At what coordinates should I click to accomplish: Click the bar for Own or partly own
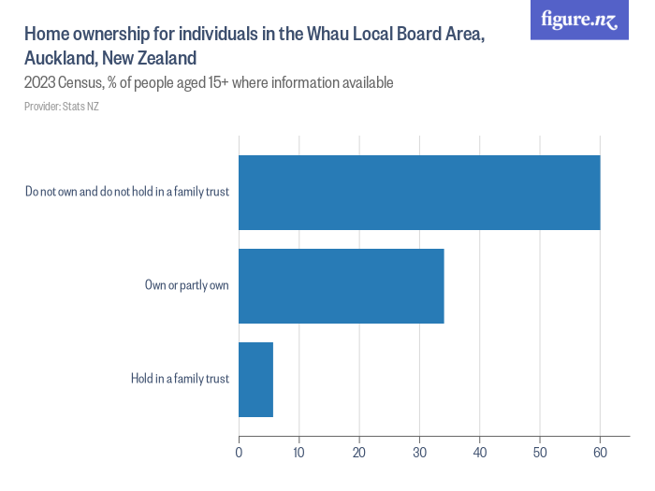341,285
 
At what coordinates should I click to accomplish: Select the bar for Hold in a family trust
255,379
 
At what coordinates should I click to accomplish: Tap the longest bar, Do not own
419,192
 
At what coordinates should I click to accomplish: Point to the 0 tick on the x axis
239,453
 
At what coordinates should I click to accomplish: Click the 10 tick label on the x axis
298,453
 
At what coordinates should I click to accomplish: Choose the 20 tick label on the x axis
359,453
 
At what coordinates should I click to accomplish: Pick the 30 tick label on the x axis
419,453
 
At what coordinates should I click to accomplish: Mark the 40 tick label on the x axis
479,453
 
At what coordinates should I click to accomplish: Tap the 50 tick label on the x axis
540,453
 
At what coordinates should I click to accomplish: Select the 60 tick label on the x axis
600,453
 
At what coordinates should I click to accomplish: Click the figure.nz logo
579,20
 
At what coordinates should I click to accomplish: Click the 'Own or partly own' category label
186,285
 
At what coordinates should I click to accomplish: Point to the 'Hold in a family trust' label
180,379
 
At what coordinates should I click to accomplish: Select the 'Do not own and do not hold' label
127,192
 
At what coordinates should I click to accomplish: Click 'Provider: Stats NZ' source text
62,107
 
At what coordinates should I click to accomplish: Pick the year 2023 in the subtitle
40,83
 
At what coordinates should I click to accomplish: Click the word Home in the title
45,35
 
